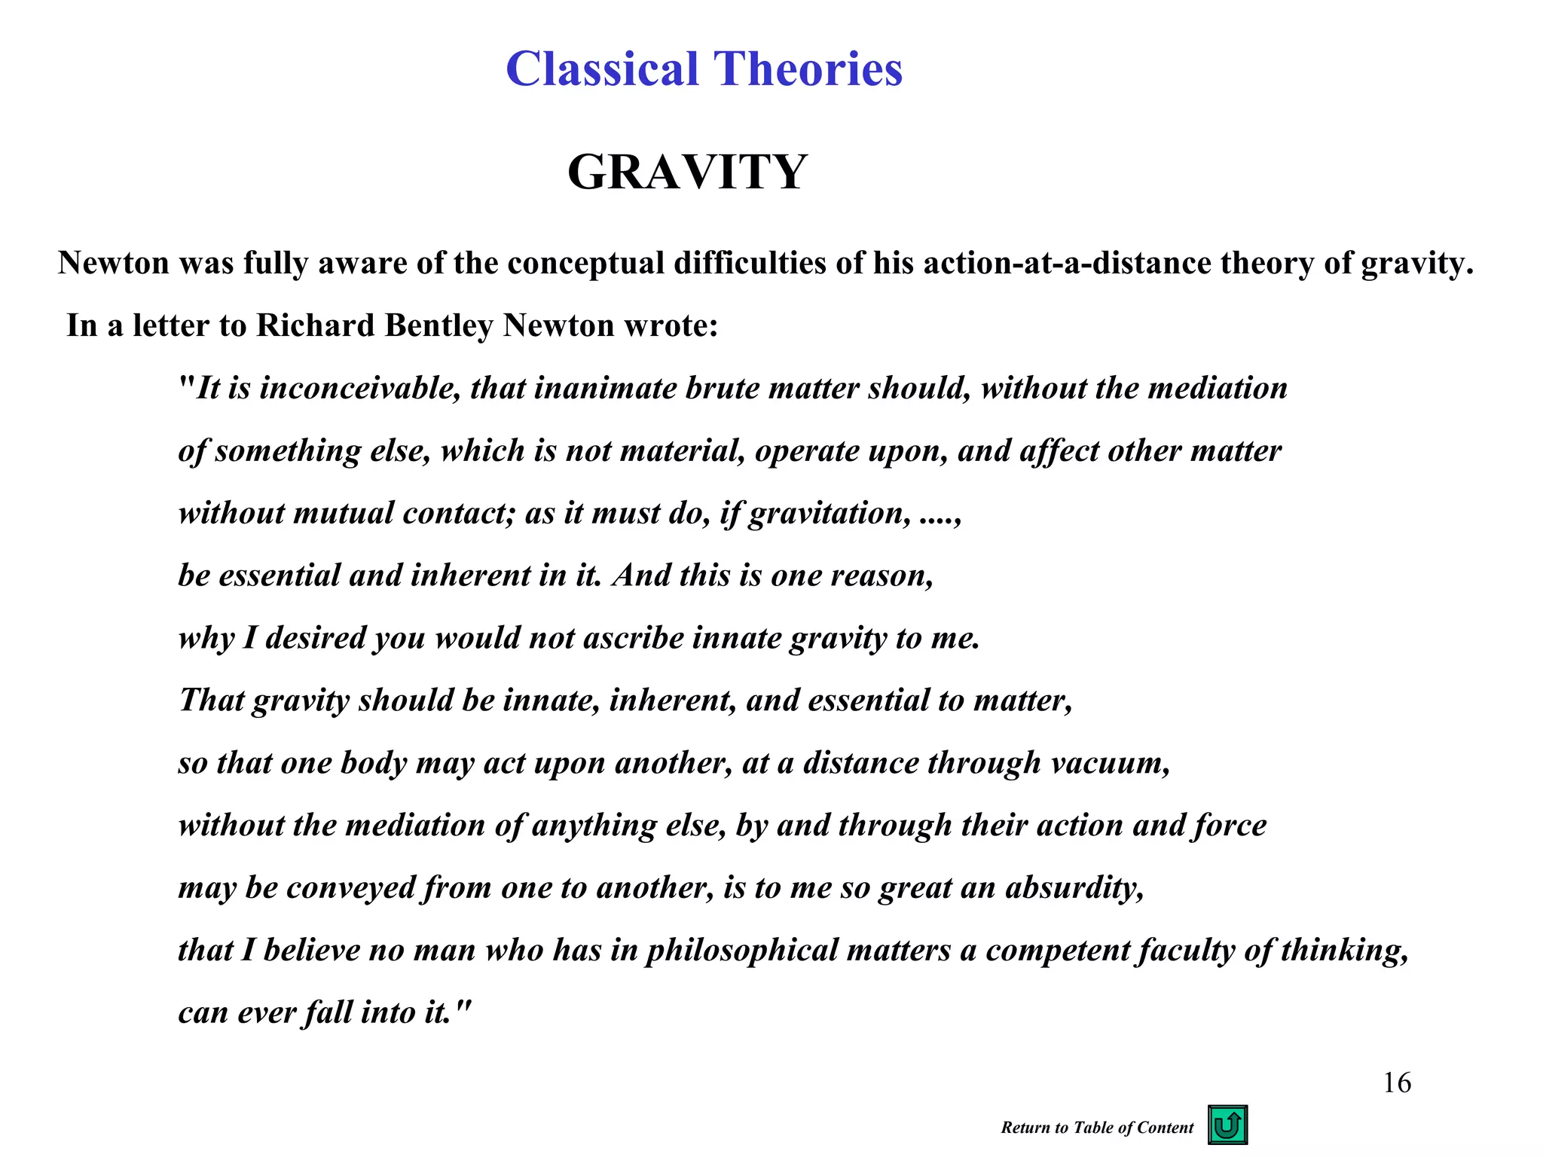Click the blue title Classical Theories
(704, 69)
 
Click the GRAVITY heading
(687, 172)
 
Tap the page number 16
(1397, 1083)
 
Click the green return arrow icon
(1227, 1125)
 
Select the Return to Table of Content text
(1097, 1128)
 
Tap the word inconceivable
(359, 389)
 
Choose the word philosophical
(742, 951)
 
